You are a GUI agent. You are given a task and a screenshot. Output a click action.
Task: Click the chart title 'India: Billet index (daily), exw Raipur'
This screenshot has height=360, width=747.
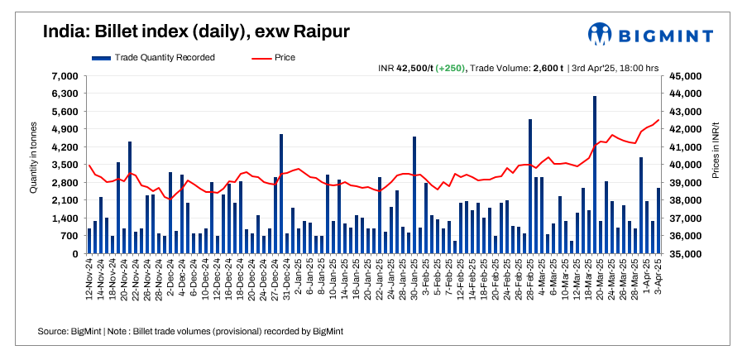click(x=196, y=31)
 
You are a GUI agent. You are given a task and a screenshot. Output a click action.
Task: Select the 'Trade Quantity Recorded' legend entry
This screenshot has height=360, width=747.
click(x=153, y=57)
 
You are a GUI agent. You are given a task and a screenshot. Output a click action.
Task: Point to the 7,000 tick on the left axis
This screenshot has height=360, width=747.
click(x=65, y=76)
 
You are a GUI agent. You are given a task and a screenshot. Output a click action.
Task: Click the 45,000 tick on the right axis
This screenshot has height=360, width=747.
click(x=684, y=76)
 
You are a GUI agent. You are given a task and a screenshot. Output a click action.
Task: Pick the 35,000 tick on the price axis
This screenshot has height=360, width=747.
click(x=684, y=254)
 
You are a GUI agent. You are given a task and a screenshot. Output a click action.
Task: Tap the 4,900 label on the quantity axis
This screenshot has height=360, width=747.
click(x=65, y=129)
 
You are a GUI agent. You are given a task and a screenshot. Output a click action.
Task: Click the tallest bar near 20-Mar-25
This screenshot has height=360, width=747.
click(x=595, y=175)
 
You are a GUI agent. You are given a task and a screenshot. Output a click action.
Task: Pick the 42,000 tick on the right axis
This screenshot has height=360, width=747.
click(x=684, y=129)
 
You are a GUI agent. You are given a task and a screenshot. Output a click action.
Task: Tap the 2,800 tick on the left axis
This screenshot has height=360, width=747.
click(x=65, y=183)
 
